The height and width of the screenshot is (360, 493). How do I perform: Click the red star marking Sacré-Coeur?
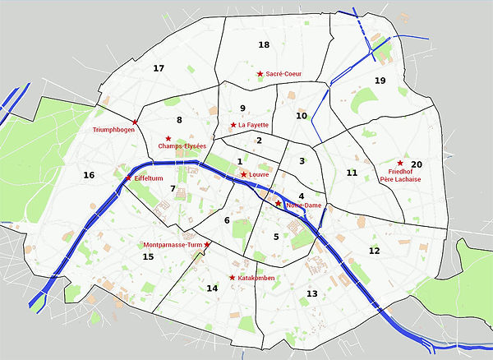[x=260, y=74]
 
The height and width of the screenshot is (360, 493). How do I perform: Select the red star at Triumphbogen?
[x=136, y=122]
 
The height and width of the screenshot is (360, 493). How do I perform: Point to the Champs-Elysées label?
[x=182, y=146]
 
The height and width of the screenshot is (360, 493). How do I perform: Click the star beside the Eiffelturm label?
[x=127, y=178]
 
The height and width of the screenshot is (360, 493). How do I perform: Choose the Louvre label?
[x=259, y=175]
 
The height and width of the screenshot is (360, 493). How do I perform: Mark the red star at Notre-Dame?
[x=279, y=203]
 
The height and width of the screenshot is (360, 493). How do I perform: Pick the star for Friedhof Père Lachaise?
[x=400, y=163]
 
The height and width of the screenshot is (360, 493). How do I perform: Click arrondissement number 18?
[x=264, y=44]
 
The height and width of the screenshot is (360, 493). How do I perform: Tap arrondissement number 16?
[x=89, y=175]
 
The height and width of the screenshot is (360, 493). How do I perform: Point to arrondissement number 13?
[x=311, y=293]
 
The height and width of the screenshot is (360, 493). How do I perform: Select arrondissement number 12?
[x=375, y=251]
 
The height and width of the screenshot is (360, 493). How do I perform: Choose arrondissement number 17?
[x=159, y=68]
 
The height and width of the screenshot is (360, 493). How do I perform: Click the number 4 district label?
[x=302, y=196]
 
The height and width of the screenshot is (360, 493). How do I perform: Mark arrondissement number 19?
[x=380, y=81]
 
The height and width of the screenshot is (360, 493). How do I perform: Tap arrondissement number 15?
[x=149, y=257]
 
